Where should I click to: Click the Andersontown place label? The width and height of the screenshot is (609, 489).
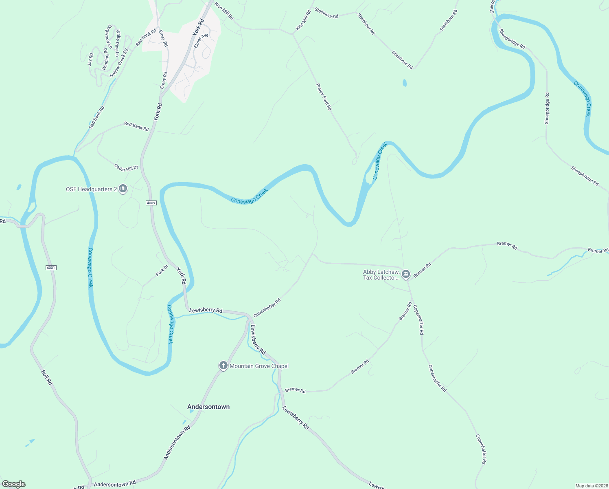tap(208, 407)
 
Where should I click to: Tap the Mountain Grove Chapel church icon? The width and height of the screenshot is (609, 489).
tap(223, 366)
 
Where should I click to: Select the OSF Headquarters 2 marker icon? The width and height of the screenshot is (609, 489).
tap(123, 189)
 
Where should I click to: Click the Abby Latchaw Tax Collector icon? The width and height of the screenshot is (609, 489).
tap(405, 274)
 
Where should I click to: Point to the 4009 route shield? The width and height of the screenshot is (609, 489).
tap(151, 203)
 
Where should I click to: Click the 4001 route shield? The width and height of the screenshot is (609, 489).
tap(51, 268)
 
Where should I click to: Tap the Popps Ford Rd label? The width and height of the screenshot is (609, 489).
tap(324, 97)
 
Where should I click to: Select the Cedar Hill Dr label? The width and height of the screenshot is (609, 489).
tap(126, 168)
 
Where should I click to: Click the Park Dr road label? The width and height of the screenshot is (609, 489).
tap(162, 270)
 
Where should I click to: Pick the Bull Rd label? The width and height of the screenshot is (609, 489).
tap(47, 377)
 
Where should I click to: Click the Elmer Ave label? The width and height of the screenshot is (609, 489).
tap(201, 41)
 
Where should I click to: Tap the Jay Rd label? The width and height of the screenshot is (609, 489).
tap(90, 59)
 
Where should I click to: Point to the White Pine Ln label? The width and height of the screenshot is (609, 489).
tap(118, 43)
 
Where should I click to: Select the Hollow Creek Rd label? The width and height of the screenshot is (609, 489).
tap(119, 62)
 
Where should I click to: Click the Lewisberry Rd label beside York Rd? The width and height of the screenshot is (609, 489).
tap(206, 310)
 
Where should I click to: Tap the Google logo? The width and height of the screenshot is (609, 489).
tap(14, 484)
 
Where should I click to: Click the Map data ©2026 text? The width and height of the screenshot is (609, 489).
tap(591, 486)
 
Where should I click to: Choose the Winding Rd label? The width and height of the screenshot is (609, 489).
tap(106, 59)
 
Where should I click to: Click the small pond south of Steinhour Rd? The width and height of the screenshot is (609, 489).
tap(405, 83)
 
